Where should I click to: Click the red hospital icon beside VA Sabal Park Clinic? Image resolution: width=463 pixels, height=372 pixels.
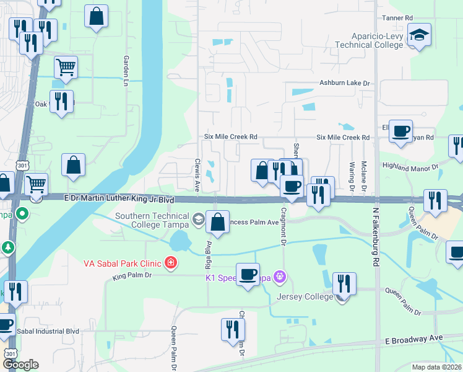point(170,263)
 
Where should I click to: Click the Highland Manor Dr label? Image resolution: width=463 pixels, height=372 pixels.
point(410,167)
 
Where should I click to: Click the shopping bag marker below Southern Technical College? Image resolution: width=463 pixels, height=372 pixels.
point(218,222)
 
